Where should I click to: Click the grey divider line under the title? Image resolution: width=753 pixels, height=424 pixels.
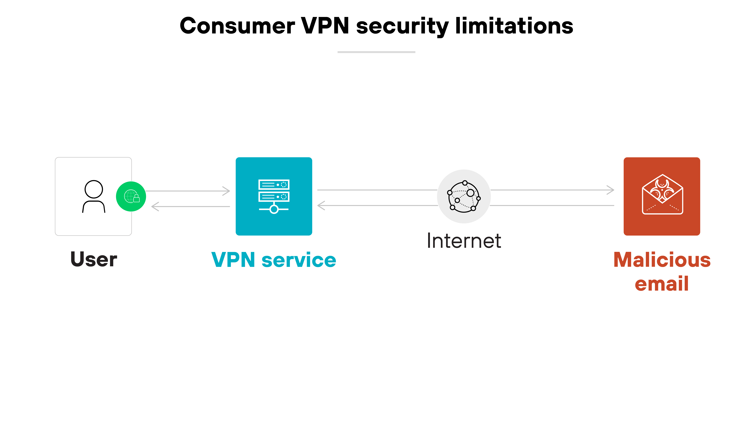tap(376, 52)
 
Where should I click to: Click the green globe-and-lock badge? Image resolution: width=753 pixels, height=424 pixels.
tap(131, 196)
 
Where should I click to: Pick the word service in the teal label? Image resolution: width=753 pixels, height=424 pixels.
tap(299, 260)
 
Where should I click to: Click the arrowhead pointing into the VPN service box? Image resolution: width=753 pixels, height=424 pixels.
tap(227, 191)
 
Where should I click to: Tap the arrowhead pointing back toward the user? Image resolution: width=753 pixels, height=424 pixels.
tap(155, 207)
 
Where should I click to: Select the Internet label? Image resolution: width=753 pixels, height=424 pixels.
tap(464, 241)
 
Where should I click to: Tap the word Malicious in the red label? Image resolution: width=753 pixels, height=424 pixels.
tap(662, 260)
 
